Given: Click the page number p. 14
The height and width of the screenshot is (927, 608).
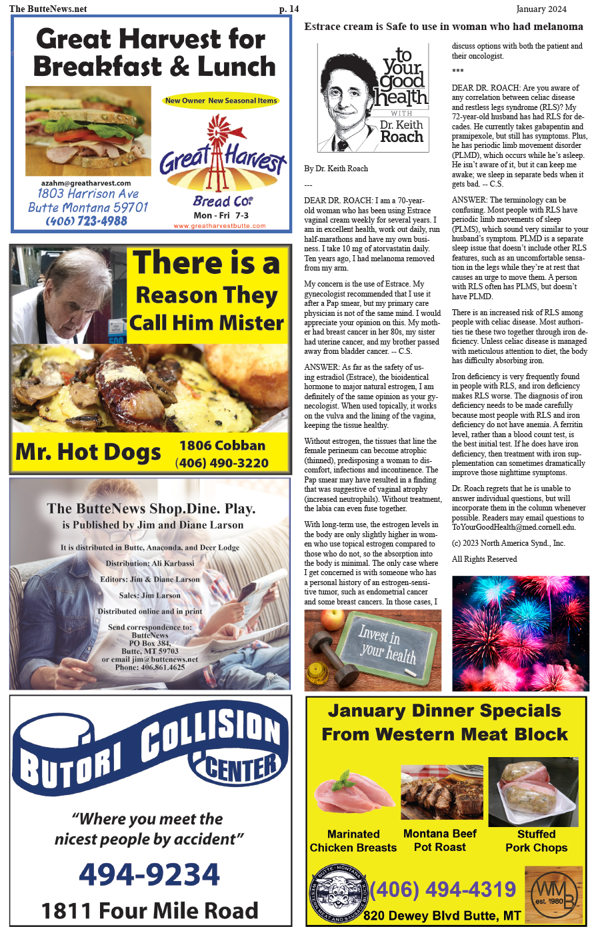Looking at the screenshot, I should pyautogui.click(x=289, y=9).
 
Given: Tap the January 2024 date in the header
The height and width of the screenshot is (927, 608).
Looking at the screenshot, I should pyautogui.click(x=541, y=9).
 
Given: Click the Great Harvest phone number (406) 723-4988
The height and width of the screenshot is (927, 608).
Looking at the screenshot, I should pyautogui.click(x=86, y=221).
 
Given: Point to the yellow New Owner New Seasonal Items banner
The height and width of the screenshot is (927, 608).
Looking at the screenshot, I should pyautogui.click(x=221, y=101).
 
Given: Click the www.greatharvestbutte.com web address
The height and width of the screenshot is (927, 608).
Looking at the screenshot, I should pyautogui.click(x=219, y=226).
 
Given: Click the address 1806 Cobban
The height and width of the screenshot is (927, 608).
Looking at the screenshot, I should pyautogui.click(x=222, y=445).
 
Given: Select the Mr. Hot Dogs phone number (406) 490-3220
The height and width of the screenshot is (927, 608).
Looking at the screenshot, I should pyautogui.click(x=222, y=463).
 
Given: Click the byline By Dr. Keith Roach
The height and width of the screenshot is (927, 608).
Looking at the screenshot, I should pyautogui.click(x=336, y=169).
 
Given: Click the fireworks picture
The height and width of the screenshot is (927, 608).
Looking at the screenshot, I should pyautogui.click(x=520, y=633).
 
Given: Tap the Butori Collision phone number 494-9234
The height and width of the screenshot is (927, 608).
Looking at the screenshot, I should pyautogui.click(x=149, y=874).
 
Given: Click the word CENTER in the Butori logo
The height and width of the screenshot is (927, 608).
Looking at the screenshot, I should pyautogui.click(x=241, y=768).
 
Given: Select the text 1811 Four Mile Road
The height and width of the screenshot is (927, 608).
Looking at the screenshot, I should pyautogui.click(x=149, y=910).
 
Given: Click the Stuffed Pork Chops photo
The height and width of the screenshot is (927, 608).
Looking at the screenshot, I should pyautogui.click(x=534, y=792).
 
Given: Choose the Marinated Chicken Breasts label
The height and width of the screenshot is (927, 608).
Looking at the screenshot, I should pyautogui.click(x=353, y=841).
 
